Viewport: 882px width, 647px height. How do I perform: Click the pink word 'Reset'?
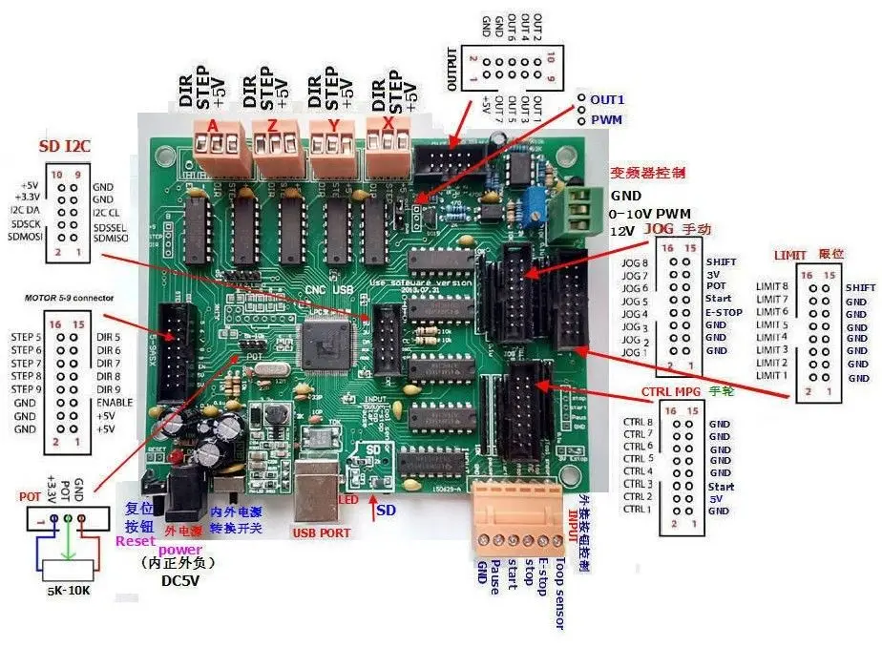[x=135, y=541]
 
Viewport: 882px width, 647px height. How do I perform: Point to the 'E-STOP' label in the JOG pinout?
[x=724, y=312]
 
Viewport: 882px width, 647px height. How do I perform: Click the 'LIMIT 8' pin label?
[x=772, y=286]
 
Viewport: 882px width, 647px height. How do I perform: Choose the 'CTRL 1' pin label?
[x=637, y=510]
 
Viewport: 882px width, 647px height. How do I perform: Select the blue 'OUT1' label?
[x=607, y=99]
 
